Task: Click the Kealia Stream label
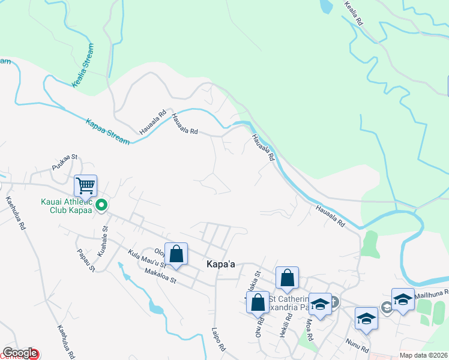[83, 66]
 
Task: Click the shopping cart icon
[86, 185]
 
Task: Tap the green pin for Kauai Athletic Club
[101, 206]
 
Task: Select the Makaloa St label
[160, 276]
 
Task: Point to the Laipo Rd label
[217, 339]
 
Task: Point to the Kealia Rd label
[354, 12]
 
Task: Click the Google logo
[20, 353]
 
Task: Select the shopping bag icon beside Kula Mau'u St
[176, 253]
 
